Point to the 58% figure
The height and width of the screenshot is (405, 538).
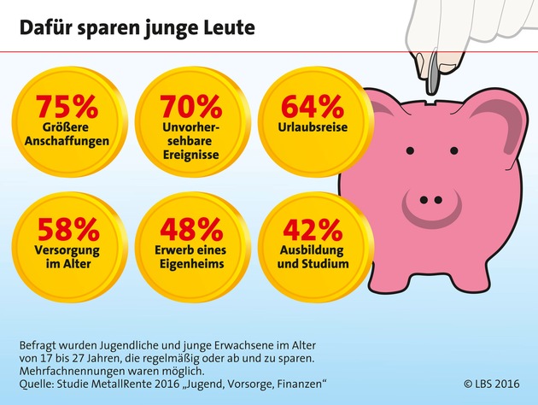pyautogui.click(x=67, y=228)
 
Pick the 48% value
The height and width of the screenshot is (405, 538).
pyautogui.click(x=190, y=228)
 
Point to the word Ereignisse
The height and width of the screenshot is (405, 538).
pyautogui.click(x=190, y=156)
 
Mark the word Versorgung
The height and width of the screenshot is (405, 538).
pyautogui.click(x=67, y=251)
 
